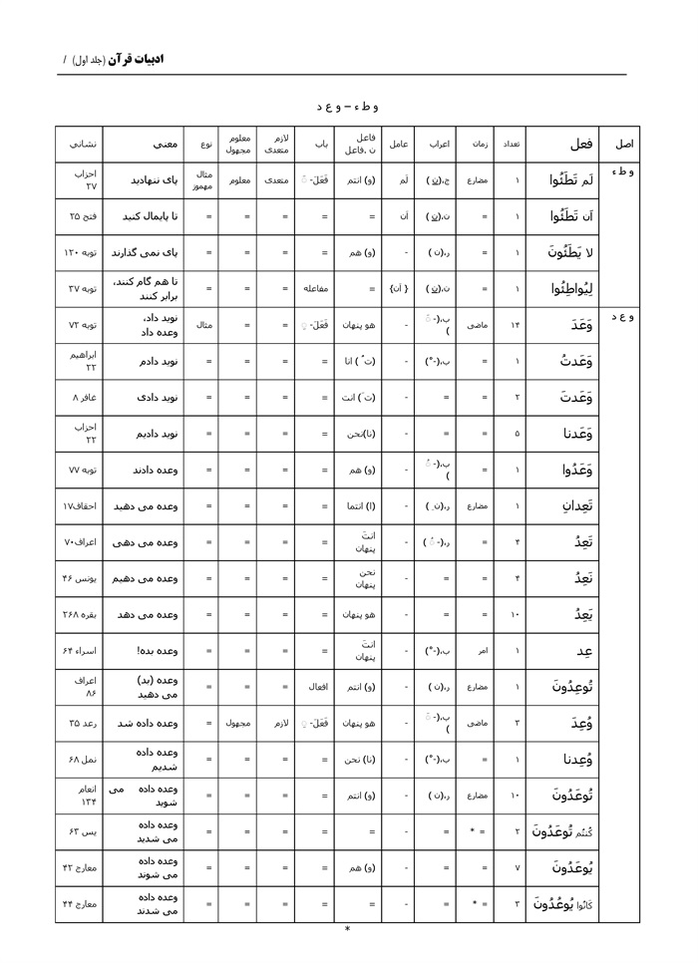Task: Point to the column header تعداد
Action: [509, 145]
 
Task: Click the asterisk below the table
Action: [347, 929]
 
